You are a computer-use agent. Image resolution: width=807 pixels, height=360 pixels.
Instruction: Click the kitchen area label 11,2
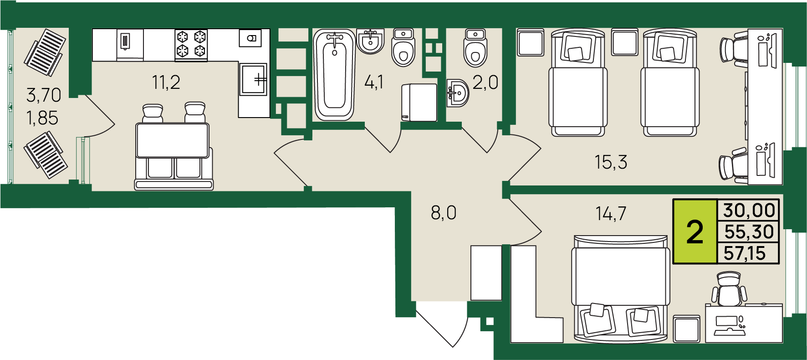point(166,82)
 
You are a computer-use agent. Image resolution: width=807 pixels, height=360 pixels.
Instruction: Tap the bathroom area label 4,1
point(374,82)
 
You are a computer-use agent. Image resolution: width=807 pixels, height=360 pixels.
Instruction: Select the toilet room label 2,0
point(485,82)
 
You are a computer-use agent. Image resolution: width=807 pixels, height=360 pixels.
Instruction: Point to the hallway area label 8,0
point(444,213)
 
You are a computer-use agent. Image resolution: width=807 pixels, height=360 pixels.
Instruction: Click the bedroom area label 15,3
point(611,162)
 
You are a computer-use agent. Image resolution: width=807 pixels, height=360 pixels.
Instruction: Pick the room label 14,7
point(611,213)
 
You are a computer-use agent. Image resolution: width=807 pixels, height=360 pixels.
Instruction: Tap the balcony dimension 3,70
point(44,95)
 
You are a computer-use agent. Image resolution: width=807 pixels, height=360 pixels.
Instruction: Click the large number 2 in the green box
point(695,232)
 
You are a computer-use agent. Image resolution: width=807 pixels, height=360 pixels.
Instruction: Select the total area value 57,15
point(745,253)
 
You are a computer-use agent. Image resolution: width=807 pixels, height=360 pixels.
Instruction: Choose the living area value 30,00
point(749,211)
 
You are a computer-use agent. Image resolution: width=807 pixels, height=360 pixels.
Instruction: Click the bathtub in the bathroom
point(334,75)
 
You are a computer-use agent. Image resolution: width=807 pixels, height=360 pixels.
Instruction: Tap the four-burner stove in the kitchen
point(191,45)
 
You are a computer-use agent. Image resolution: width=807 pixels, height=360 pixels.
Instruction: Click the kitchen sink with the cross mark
point(254,79)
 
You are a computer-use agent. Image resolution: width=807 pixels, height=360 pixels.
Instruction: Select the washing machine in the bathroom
point(419,103)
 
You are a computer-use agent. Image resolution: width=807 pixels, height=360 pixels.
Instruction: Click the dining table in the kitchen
point(173,140)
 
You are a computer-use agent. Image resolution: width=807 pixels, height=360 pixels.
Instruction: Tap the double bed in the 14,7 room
point(621,289)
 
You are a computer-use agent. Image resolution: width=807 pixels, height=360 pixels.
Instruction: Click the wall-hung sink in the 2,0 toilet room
point(458,93)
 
